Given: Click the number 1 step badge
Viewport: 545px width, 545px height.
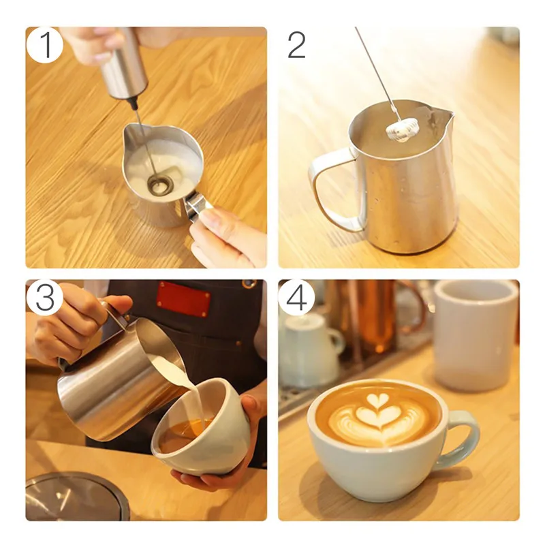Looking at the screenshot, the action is [x=45, y=45].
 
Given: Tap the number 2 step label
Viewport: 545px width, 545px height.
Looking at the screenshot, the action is [x=296, y=45].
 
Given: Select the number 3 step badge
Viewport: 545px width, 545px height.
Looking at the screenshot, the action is [x=45, y=297].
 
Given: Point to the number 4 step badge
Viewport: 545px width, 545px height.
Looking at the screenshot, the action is [x=296, y=298].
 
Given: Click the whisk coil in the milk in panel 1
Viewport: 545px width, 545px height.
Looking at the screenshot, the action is [x=161, y=184].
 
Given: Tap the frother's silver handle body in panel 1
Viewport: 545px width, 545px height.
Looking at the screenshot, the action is [x=123, y=64].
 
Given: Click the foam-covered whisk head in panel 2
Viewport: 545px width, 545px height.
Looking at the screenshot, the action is [x=401, y=130].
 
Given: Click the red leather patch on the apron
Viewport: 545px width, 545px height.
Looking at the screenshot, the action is [x=183, y=300].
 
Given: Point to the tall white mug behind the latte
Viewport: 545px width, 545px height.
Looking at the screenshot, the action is [x=475, y=334].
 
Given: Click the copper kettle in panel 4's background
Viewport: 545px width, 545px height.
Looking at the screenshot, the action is [x=375, y=320].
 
